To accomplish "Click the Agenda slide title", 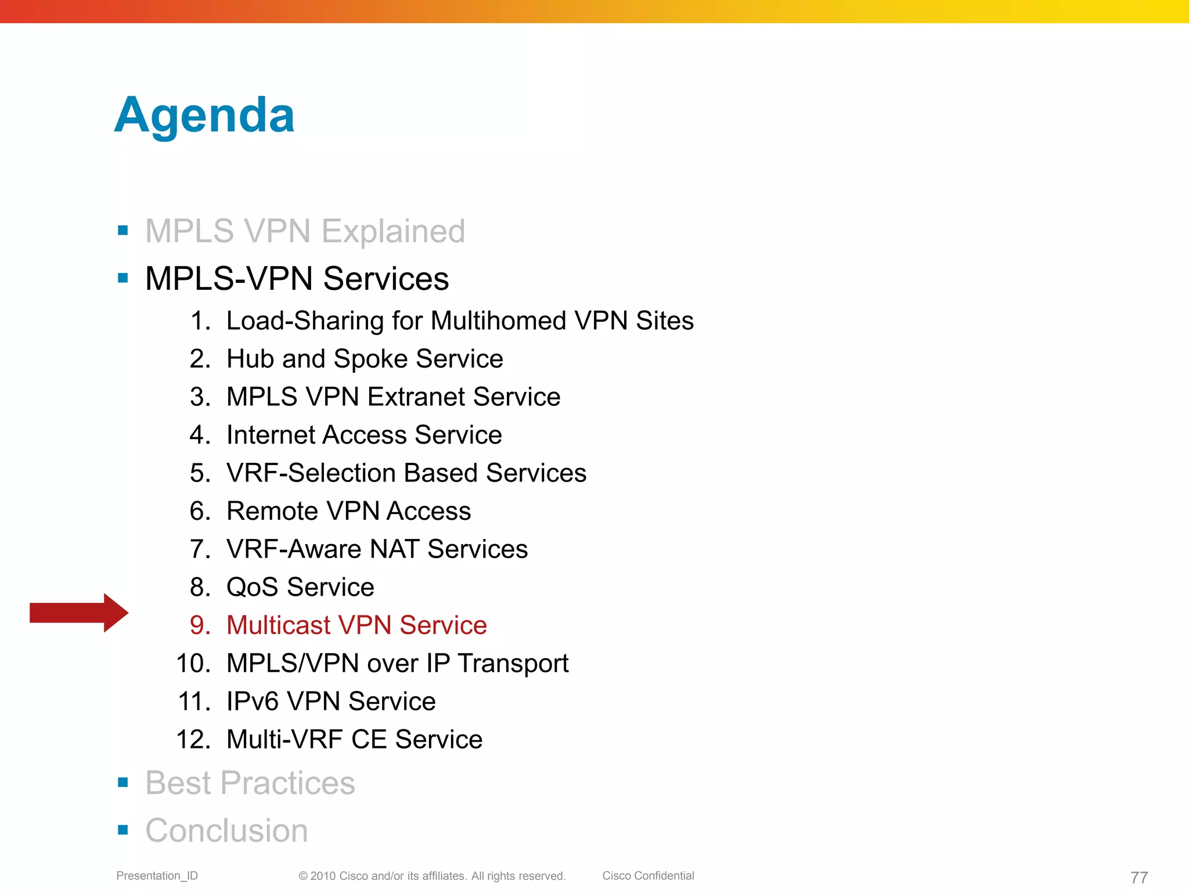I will click(x=204, y=115).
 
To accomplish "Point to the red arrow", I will click(x=79, y=613).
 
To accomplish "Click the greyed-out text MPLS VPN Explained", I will click(x=305, y=231).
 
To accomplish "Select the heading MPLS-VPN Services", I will click(x=297, y=279).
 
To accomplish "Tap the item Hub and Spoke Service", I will click(x=365, y=359).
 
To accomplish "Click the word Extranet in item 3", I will click(x=418, y=397).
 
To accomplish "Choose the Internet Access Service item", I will click(x=364, y=435).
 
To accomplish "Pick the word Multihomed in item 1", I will click(x=498, y=321).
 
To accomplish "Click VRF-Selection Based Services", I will click(x=406, y=473).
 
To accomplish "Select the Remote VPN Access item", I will click(x=348, y=511).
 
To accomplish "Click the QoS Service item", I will click(x=300, y=587).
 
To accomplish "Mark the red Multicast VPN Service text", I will click(x=356, y=625).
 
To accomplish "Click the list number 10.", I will click(x=193, y=664).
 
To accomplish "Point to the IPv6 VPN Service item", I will click(x=331, y=702).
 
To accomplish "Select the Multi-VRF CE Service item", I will click(x=354, y=740).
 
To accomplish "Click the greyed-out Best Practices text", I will click(x=250, y=783).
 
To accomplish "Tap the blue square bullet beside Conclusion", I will click(x=123, y=830).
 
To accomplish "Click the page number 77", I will click(x=1139, y=877).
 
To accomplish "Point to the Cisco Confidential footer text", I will click(x=648, y=876).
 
